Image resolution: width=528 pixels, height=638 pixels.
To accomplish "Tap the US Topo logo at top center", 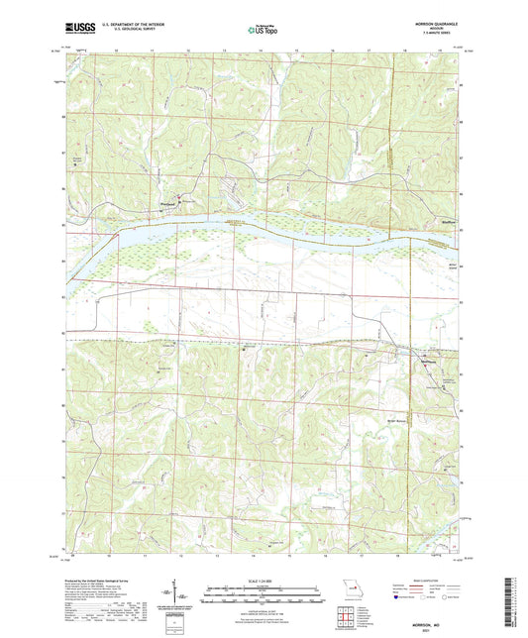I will (x=263, y=31).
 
